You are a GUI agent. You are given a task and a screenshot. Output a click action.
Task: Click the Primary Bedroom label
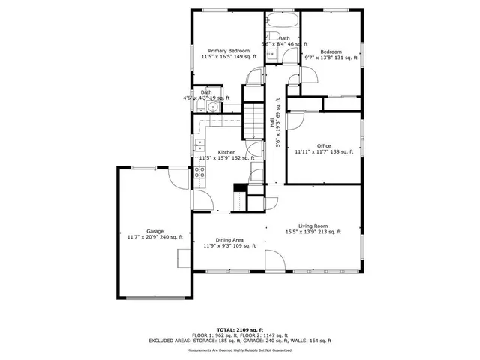pyautogui.click(x=229, y=50)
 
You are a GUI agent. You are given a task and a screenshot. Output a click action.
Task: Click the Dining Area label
pyautogui.click(x=230, y=239)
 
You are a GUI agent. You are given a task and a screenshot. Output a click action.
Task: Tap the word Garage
pyautogui.click(x=155, y=231)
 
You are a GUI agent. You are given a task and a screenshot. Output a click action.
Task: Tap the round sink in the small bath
pyautogui.click(x=213, y=107)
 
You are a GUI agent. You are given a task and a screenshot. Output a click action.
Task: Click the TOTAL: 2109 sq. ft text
pyautogui.click(x=239, y=329)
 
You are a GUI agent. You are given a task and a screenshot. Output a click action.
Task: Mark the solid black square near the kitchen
pyautogui.click(x=240, y=188)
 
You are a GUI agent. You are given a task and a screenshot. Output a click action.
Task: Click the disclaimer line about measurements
pyautogui.click(x=239, y=349)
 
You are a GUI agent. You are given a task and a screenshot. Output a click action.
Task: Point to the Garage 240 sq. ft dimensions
pyautogui.click(x=155, y=237)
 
